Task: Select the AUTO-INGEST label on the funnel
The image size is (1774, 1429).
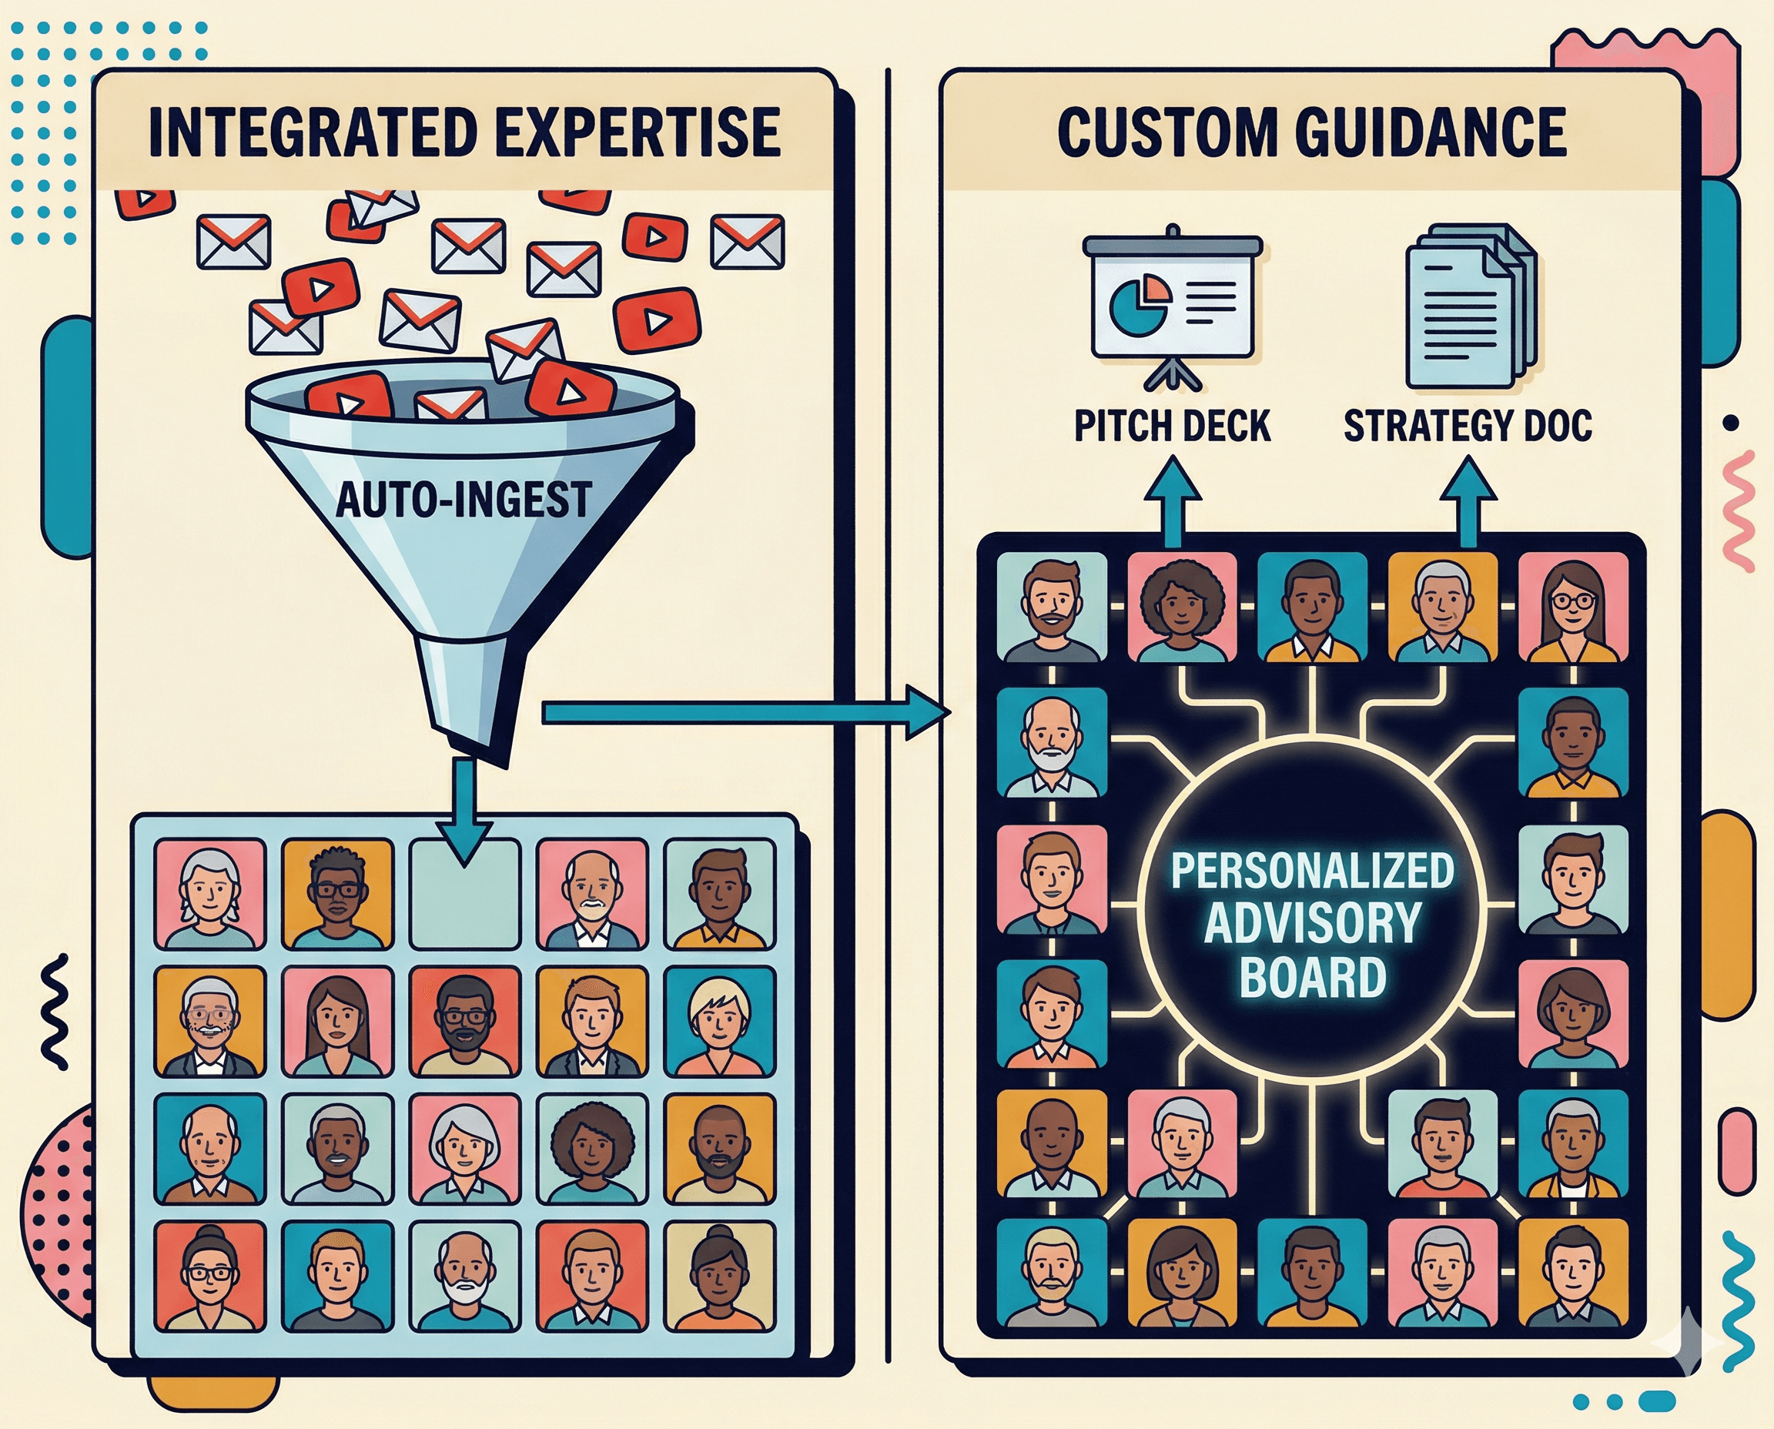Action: click(464, 499)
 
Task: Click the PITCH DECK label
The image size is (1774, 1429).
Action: click(1172, 427)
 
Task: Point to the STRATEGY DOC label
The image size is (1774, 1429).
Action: click(1467, 427)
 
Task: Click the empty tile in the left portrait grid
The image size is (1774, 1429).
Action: click(464, 894)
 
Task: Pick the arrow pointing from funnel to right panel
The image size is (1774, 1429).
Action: click(741, 713)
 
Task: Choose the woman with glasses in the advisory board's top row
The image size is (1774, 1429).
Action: click(1571, 607)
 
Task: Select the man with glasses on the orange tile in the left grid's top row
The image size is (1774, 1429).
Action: click(336, 894)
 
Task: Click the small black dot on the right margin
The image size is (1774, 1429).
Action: click(1731, 423)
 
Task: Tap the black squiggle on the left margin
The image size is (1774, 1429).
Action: click(55, 1011)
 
